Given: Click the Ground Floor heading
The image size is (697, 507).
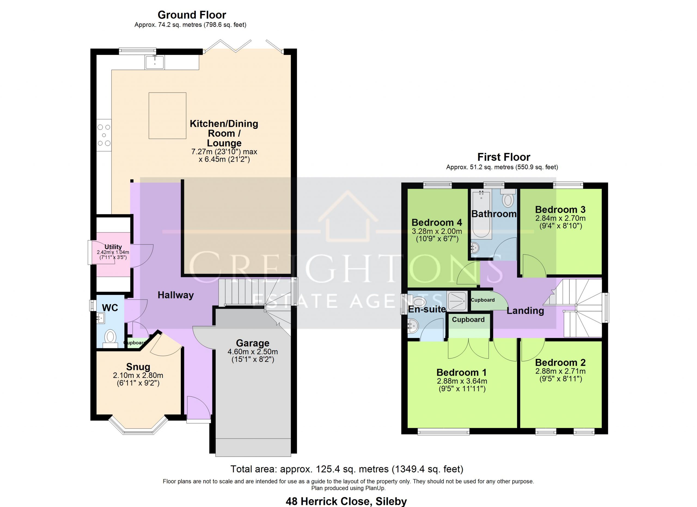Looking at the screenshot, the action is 192,15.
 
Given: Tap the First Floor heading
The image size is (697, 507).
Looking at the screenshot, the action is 504,157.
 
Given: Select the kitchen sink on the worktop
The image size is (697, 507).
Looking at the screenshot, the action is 155,62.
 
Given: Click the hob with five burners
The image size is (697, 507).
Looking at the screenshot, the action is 104,135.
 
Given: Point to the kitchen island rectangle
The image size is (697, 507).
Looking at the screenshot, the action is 167,115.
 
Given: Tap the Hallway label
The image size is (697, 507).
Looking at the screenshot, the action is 176,295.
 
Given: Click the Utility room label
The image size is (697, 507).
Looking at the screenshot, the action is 113,247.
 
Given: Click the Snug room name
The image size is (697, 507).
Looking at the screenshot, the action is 138,366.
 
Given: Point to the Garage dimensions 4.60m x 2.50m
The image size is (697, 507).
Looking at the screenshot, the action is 253,352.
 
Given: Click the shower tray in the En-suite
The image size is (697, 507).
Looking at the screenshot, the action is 457,301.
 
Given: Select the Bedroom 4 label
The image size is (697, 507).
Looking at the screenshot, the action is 437,222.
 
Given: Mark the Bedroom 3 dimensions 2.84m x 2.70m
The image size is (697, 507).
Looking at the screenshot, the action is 560,218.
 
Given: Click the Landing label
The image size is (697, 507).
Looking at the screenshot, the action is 525,311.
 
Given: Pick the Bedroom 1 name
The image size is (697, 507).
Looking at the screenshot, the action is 461,372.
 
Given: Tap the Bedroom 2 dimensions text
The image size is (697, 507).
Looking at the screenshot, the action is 560,375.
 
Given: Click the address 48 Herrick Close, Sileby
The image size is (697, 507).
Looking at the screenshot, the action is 346,502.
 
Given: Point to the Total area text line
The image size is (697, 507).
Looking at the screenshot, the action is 347,469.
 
